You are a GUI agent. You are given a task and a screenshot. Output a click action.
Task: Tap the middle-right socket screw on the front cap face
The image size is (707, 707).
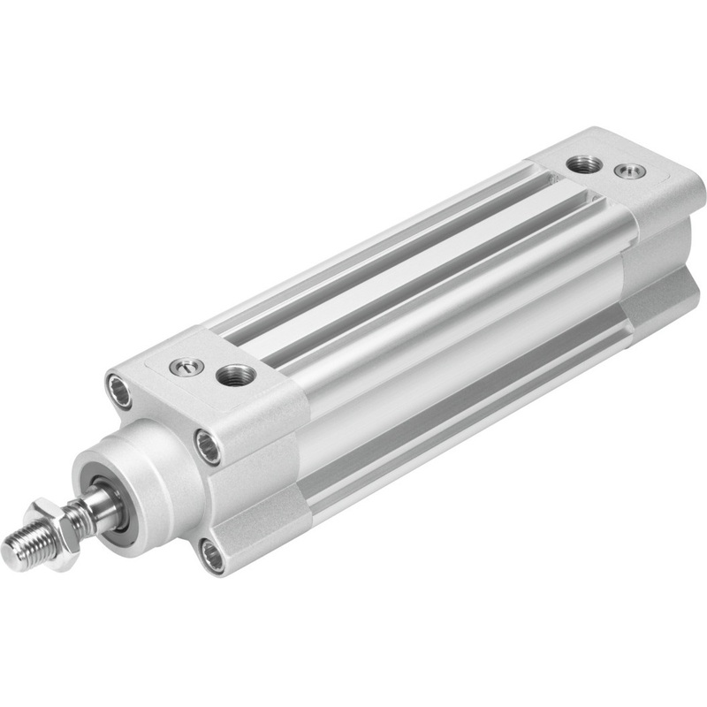pyautogui.click(x=209, y=445)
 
